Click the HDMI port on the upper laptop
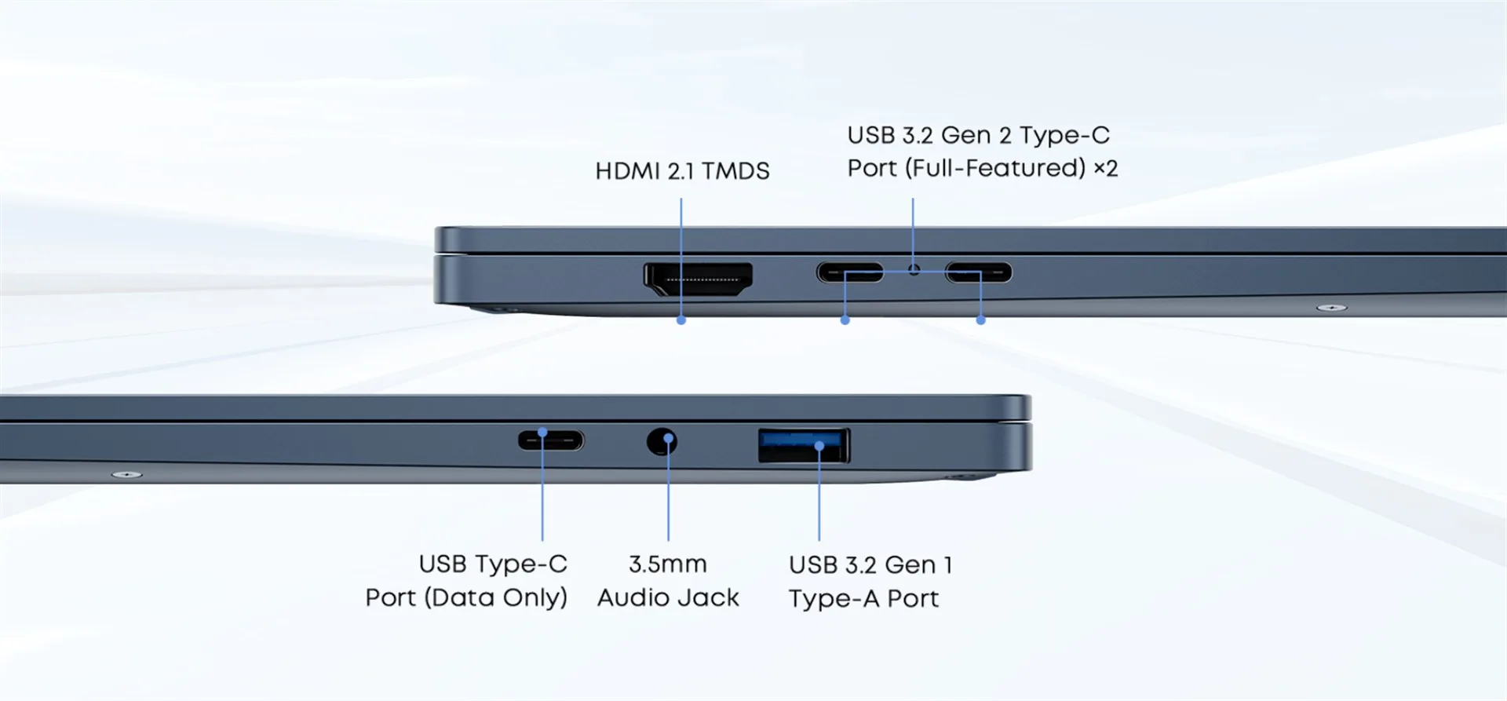pyautogui.click(x=698, y=279)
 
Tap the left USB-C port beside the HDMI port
pyautogui.click(x=849, y=272)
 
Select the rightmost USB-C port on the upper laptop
pyautogui.click(x=978, y=272)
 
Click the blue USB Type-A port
pyautogui.click(x=803, y=446)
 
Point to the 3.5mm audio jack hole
pyautogui.click(x=662, y=442)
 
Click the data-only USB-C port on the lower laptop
pyautogui.click(x=551, y=440)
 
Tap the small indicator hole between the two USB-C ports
pyautogui.click(x=914, y=270)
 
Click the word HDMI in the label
pyautogui.click(x=628, y=171)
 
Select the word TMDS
pyautogui.click(x=735, y=171)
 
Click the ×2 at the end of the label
pyautogui.click(x=1105, y=168)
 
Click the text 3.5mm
pyautogui.click(x=667, y=564)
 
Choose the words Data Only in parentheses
pyautogui.click(x=496, y=598)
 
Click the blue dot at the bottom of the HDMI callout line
pyautogui.click(x=681, y=320)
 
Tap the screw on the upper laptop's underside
pyautogui.click(x=1331, y=308)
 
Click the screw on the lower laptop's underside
pyautogui.click(x=126, y=475)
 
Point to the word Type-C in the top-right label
pyautogui.click(x=1064, y=135)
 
